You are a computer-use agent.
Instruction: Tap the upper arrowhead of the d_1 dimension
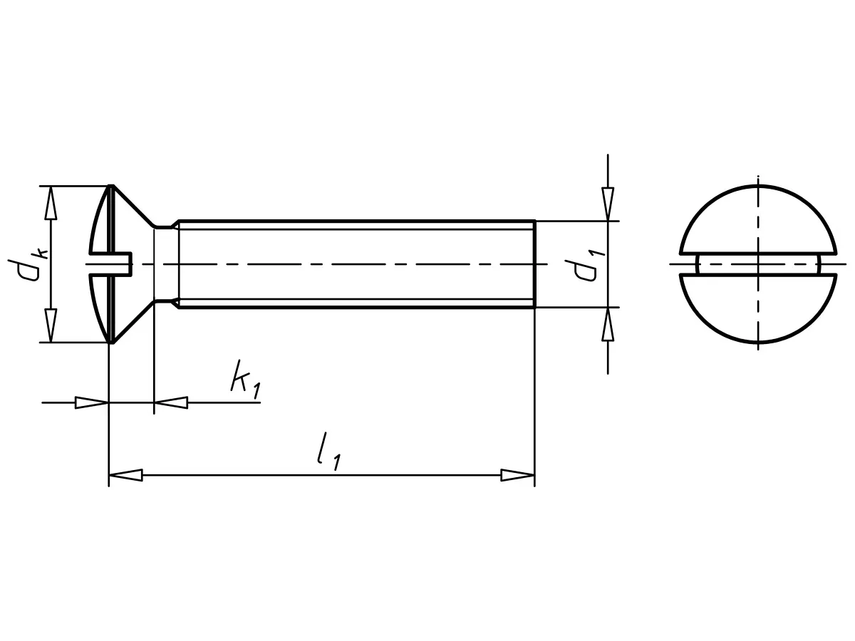tap(608, 204)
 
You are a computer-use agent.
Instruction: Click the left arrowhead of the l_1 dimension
tap(125, 475)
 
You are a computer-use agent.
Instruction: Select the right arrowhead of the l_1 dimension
tap(517, 475)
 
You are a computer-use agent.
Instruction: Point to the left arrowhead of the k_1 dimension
tap(92, 402)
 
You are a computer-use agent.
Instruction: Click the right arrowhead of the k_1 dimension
tap(171, 402)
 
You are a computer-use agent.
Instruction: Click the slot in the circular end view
tap(757, 264)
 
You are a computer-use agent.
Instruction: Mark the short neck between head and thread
tap(166, 264)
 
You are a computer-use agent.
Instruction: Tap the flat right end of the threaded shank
tap(534, 264)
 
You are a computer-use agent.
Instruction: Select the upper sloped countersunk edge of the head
tap(134, 207)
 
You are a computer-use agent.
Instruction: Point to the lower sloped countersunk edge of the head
tap(134, 322)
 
